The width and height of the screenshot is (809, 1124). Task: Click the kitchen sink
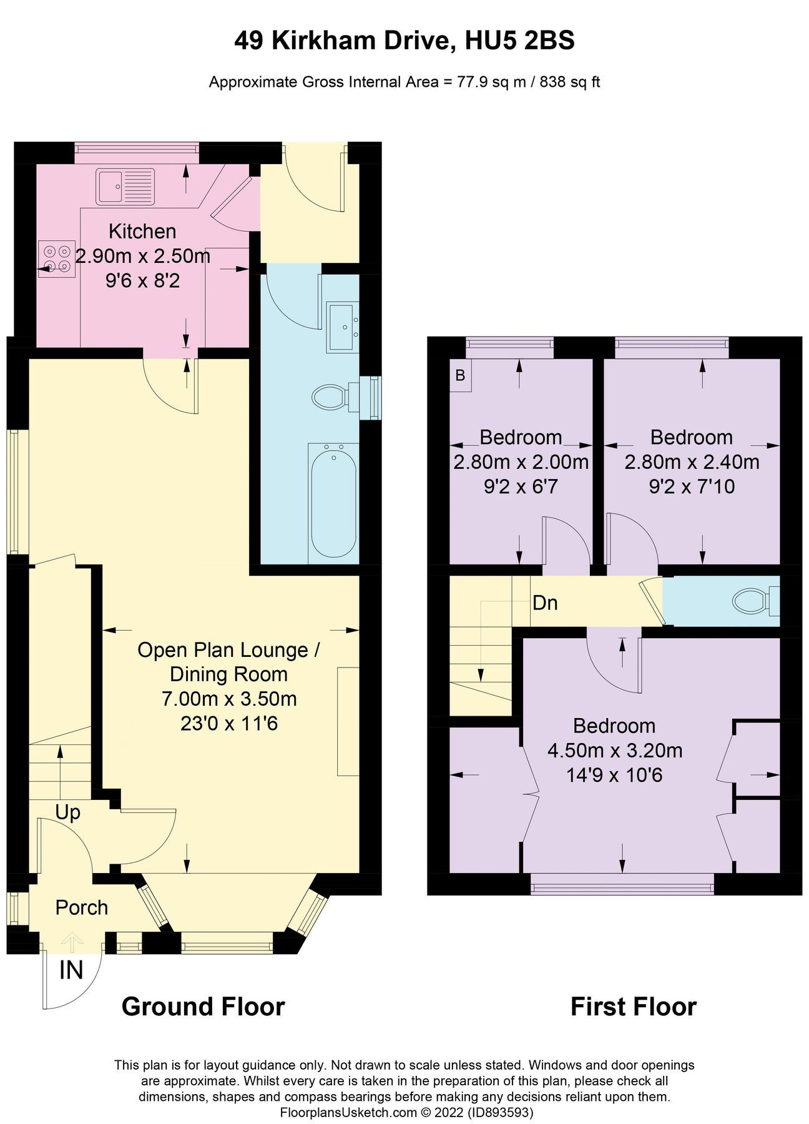[125, 186]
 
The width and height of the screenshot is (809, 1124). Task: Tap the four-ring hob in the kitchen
[56, 259]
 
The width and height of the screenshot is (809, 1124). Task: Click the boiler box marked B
[461, 375]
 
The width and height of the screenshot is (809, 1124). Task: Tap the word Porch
[82, 907]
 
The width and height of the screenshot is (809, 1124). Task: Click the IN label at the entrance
[71, 970]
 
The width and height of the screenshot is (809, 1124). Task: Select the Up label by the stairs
[68, 813]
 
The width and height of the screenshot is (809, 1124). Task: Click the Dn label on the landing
[545, 603]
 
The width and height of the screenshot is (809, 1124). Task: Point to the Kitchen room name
[142, 231]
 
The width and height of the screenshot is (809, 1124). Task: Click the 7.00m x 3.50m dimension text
[229, 698]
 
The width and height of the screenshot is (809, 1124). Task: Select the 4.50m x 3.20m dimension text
[615, 750]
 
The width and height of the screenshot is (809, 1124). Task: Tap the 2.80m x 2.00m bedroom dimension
[521, 462]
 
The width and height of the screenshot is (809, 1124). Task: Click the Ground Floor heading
[203, 1007]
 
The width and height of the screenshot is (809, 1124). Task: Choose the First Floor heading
[634, 1007]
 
